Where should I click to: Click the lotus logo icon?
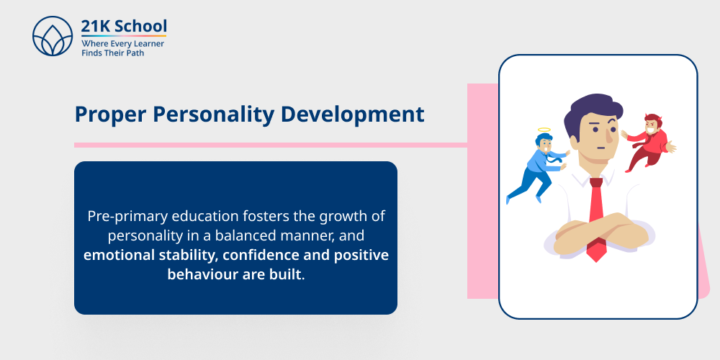[x=53, y=37]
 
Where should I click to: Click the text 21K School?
[x=124, y=27]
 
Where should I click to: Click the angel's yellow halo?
[x=543, y=131]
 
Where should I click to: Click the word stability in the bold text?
[x=194, y=255]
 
